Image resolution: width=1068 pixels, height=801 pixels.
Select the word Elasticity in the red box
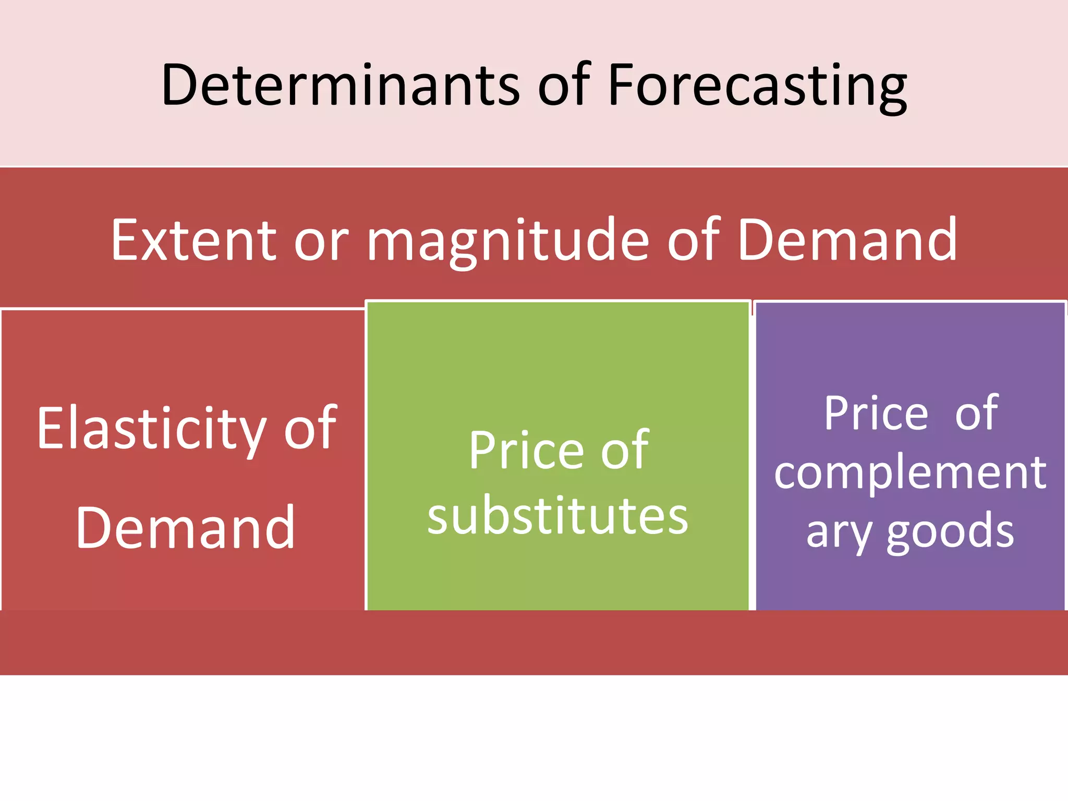tap(151, 429)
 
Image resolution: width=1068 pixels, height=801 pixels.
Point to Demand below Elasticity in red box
tap(186, 528)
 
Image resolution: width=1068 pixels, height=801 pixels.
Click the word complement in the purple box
tap(910, 473)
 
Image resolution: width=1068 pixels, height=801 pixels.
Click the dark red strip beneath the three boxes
tap(534, 642)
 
